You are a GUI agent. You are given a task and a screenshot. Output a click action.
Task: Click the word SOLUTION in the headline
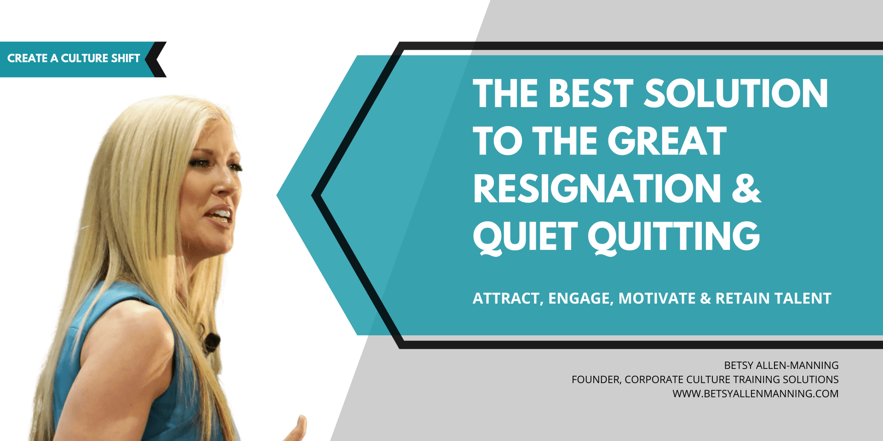[736, 93]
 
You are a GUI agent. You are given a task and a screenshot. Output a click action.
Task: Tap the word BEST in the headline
[591, 93]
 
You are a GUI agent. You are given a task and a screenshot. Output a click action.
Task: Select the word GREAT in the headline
[667, 141]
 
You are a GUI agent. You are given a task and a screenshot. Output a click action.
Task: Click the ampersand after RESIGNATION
[746, 188]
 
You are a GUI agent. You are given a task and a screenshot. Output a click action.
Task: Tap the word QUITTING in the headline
[674, 236]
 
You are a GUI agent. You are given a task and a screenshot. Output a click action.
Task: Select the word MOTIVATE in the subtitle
[657, 299]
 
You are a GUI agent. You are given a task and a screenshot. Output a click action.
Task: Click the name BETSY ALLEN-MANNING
[781, 365]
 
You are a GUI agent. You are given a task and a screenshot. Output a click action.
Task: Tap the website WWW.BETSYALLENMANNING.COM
[755, 394]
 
